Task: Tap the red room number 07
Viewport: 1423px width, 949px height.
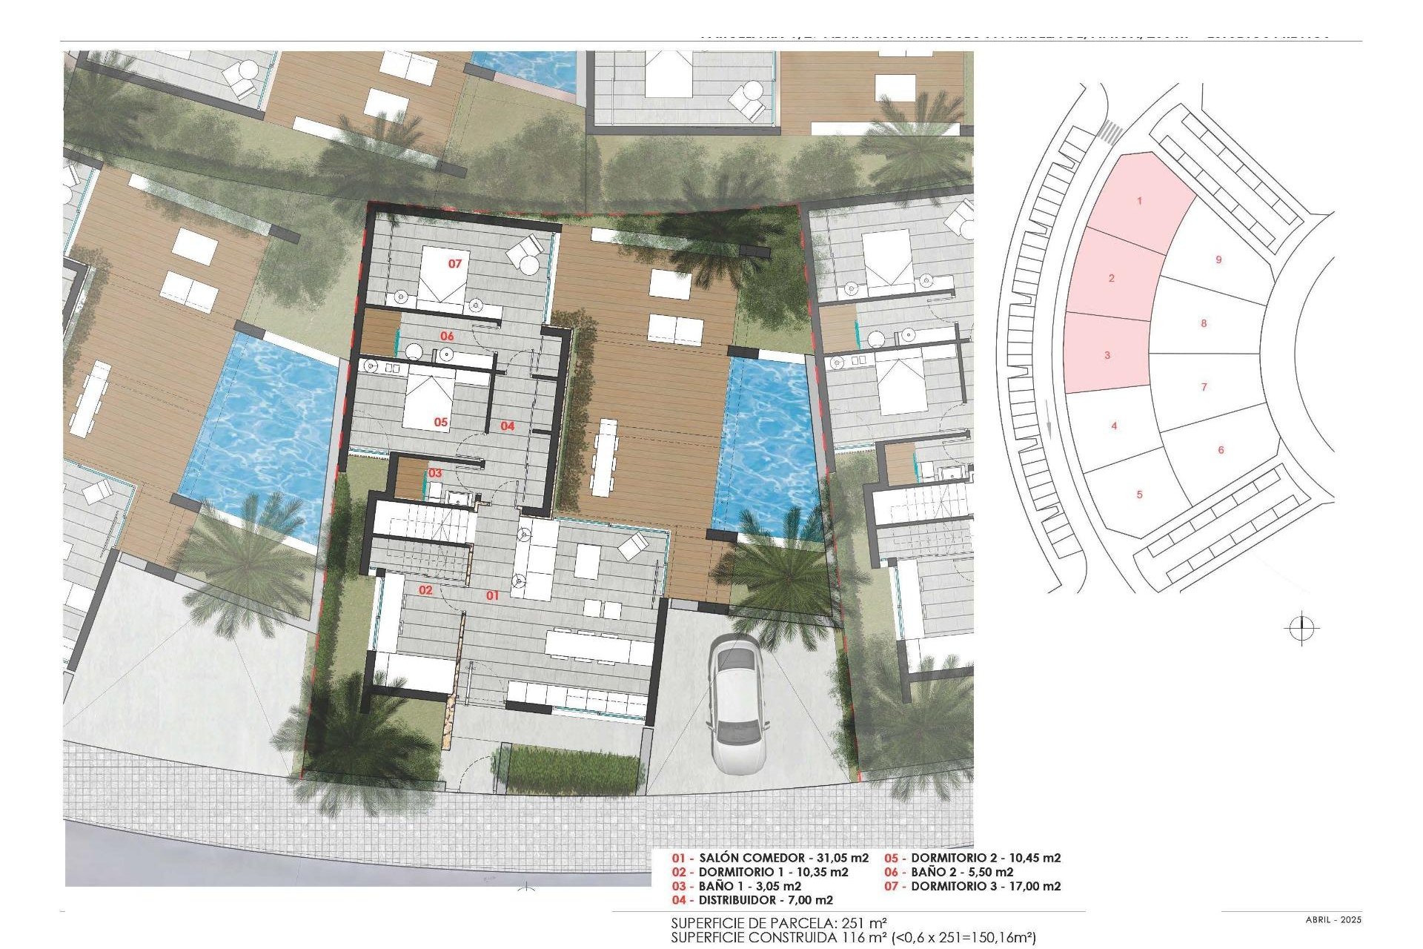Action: [x=454, y=264]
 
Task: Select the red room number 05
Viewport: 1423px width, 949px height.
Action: [x=441, y=422]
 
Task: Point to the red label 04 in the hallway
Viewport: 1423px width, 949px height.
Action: [x=507, y=426]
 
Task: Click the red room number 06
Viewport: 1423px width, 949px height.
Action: [x=447, y=337]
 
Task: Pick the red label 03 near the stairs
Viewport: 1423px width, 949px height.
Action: [x=435, y=473]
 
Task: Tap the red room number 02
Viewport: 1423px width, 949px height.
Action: [x=425, y=591]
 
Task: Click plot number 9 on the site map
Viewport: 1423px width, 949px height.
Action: [x=1218, y=260]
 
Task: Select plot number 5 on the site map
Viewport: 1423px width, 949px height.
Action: [x=1140, y=495]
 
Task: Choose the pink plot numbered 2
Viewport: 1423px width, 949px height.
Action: [x=1111, y=279]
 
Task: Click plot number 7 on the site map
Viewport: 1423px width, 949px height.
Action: [x=1204, y=387]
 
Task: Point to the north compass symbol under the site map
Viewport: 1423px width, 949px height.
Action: [x=1301, y=629]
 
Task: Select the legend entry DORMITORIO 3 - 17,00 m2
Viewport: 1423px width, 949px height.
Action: [x=972, y=886]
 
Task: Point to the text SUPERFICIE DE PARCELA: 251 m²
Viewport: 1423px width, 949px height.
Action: [x=779, y=924]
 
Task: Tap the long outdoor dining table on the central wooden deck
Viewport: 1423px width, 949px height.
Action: [x=605, y=458]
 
